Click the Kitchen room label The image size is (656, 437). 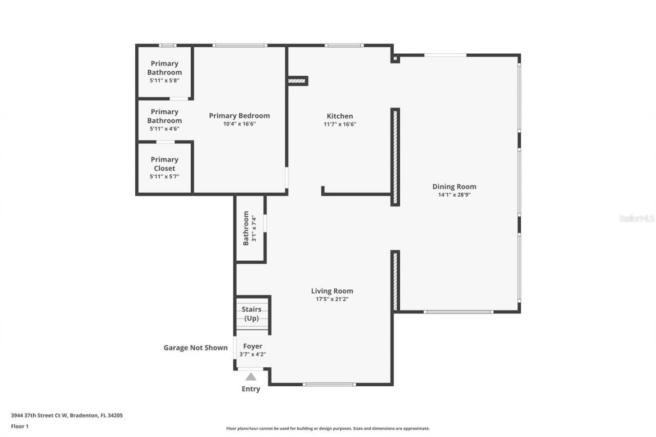point(340,116)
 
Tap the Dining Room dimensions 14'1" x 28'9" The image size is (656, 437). point(454,195)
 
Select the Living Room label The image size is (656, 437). point(332,291)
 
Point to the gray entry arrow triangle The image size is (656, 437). point(251,377)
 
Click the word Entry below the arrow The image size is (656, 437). point(251,389)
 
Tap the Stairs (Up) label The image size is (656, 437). point(252,314)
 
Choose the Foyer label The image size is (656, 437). point(253,346)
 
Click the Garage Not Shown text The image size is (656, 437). point(195,347)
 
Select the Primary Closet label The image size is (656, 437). point(164,164)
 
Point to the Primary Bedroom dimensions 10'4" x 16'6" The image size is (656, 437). point(239,124)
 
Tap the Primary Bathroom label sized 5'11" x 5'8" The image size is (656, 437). point(164,68)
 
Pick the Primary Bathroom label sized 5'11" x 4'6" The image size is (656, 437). point(164,116)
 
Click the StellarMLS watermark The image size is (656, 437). point(637,218)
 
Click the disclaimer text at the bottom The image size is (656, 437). point(328,428)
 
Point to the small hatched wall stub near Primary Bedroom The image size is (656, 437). point(297,80)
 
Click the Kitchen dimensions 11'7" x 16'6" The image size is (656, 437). point(340,124)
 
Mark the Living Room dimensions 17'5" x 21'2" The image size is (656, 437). point(332,299)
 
